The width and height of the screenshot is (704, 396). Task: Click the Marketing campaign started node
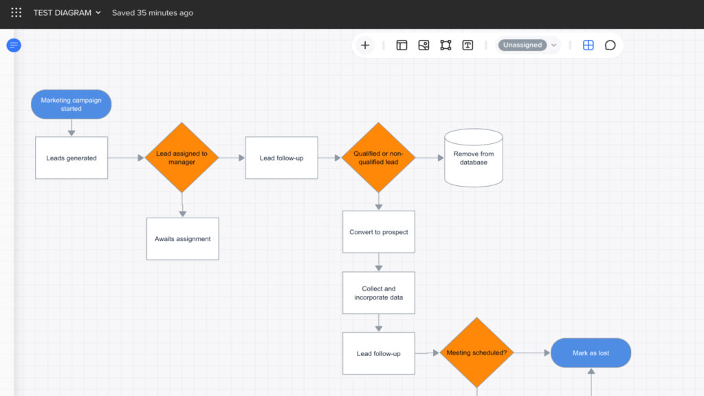[71, 104]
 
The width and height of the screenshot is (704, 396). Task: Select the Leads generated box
[71, 158]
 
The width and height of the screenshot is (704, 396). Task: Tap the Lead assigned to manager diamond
[181, 158]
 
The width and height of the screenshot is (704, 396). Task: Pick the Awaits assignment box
[182, 239]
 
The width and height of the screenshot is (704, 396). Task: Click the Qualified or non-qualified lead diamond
[378, 158]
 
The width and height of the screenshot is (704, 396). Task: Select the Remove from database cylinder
[474, 158]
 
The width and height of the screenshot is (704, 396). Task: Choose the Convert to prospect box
[379, 232]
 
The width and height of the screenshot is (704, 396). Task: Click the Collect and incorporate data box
[379, 293]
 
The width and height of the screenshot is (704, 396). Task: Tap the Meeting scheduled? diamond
[476, 353]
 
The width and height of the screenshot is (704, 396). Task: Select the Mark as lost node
[591, 353]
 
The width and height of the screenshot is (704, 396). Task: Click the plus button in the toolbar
[365, 45]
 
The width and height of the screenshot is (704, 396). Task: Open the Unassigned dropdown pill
[528, 45]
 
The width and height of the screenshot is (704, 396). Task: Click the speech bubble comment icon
[610, 45]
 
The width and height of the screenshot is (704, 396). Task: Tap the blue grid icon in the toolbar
[588, 45]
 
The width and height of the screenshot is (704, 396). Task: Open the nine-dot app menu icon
[16, 12]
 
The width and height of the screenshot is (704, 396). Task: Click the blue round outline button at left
[14, 45]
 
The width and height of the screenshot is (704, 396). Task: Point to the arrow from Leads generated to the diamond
[126, 158]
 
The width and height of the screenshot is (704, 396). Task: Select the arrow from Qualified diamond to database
[430, 158]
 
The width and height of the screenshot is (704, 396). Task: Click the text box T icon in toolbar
[467, 45]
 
